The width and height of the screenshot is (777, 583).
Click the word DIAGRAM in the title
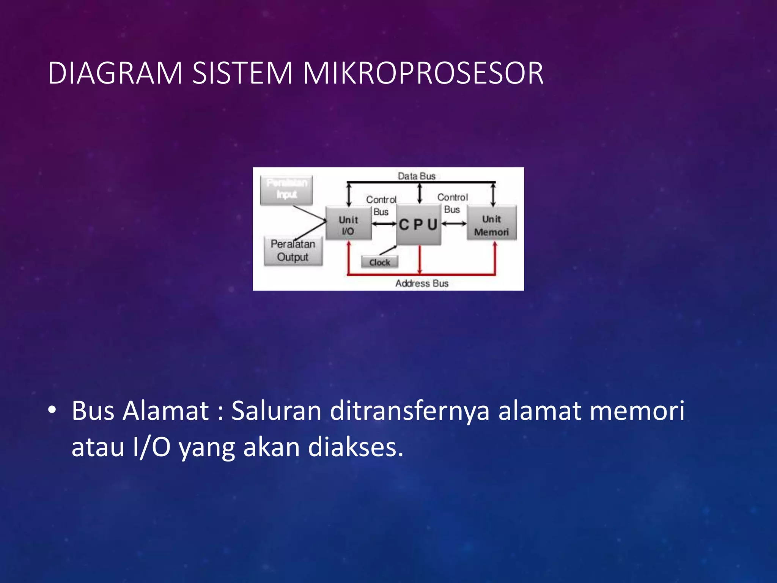(x=115, y=73)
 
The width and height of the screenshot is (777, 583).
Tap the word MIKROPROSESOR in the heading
(x=423, y=73)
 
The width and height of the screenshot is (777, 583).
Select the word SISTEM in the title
(x=242, y=73)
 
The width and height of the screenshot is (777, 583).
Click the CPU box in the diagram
(x=418, y=225)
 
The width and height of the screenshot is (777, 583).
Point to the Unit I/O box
(x=348, y=225)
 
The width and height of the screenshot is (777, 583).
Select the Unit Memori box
(x=491, y=225)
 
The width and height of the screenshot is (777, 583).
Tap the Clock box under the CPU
(x=379, y=262)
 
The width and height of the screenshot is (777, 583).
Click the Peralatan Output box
(x=293, y=251)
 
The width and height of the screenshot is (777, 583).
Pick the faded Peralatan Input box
(x=286, y=189)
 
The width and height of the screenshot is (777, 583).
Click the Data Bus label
(x=416, y=176)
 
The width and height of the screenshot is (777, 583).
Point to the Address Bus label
(x=422, y=284)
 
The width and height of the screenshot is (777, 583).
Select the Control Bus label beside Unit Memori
(x=452, y=203)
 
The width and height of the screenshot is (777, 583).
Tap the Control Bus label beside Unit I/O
(x=381, y=205)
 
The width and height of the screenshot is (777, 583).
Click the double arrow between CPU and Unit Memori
(x=454, y=224)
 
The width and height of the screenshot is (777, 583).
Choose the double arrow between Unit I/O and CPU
(x=384, y=224)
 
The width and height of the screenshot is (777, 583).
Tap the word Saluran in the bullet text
(x=276, y=411)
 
